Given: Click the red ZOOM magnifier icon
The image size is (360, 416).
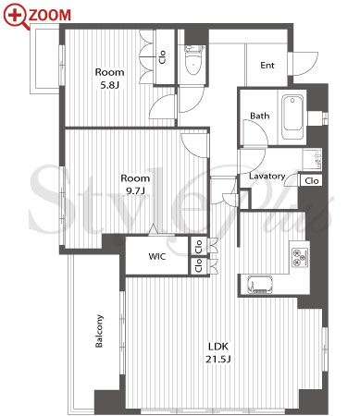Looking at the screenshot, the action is (16, 16).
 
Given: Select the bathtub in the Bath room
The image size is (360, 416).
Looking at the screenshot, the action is (293, 117).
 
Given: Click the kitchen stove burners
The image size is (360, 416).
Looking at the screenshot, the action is (300, 257).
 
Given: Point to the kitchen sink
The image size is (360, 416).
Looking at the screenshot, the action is (260, 285).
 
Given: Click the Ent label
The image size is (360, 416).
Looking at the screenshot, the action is (267, 66).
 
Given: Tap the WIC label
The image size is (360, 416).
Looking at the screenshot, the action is (157, 256).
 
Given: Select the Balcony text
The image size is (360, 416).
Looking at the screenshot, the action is (99, 331).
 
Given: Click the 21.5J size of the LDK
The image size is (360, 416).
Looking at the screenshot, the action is (218, 360).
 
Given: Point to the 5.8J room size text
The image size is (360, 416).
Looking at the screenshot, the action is (109, 85).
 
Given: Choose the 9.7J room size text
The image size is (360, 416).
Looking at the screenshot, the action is (135, 191).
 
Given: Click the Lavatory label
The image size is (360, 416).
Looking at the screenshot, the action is (267, 177).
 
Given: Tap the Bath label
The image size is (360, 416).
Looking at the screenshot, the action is (259, 116).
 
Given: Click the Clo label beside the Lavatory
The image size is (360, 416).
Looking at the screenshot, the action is (312, 180).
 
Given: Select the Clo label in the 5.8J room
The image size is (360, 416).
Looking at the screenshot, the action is (163, 57).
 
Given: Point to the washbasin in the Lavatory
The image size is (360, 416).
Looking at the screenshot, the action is (312, 160).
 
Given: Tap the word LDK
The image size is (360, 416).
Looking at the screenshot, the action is (218, 347).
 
